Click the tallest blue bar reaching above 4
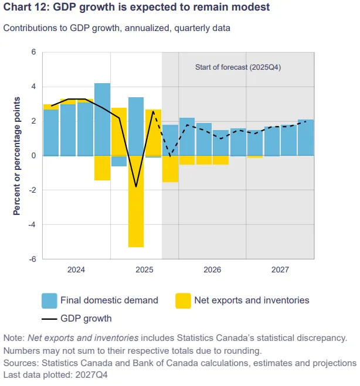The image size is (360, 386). coord(102,119)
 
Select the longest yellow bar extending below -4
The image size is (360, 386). coord(136,201)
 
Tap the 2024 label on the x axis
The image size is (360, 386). coord(76,270)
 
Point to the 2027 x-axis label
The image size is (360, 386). coord(280,270)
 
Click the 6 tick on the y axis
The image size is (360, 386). coord(33,52)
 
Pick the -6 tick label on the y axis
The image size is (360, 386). coord(32,259)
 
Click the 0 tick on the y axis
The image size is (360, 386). coord(33,156)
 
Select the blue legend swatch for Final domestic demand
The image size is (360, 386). coord(49,301)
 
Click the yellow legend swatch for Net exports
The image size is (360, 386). coord(183,301)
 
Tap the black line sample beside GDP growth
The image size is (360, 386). coord(49,319)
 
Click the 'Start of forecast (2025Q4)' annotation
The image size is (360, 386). coord(238,67)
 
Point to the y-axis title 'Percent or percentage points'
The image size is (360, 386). coord(17,156)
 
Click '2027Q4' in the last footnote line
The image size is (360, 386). coord(91,375)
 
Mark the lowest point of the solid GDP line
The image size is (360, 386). coord(136,187)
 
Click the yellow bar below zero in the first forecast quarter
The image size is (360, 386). coord(170,169)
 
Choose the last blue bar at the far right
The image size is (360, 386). coord(306,138)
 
